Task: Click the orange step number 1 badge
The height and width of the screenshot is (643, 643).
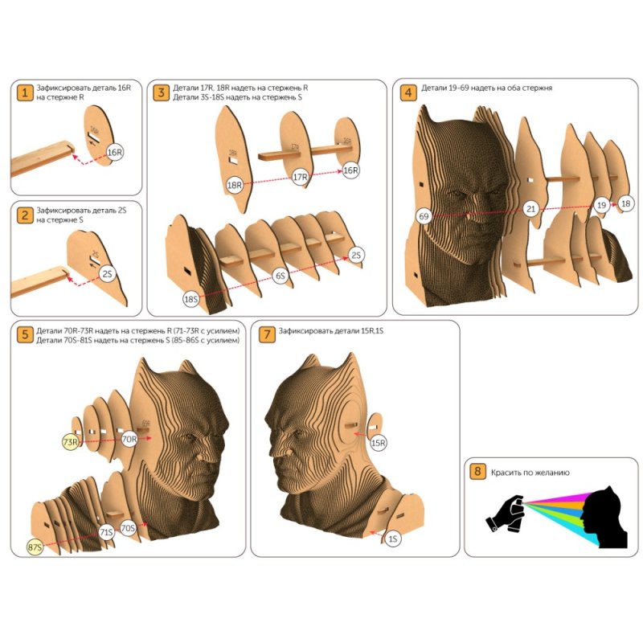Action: pyautogui.click(x=25, y=92)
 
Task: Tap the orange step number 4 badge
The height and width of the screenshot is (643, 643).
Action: pyautogui.click(x=408, y=92)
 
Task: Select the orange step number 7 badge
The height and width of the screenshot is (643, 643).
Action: pyautogui.click(x=267, y=334)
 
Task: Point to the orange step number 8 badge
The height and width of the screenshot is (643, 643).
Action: pyautogui.click(x=477, y=471)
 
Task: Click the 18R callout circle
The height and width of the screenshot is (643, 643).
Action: pyautogui.click(x=235, y=185)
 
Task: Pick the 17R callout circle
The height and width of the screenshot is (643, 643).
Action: pyautogui.click(x=300, y=177)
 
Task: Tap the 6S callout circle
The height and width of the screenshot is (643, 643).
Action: pyautogui.click(x=281, y=276)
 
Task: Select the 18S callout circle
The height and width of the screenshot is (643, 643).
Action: pyautogui.click(x=191, y=299)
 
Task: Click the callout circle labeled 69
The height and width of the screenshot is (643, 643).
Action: pyautogui.click(x=424, y=216)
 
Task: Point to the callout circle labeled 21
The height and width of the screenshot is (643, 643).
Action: pyautogui.click(x=530, y=209)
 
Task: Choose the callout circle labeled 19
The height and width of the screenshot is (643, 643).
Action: pyautogui.click(x=601, y=205)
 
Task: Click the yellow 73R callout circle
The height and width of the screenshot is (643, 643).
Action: pyautogui.click(x=71, y=442)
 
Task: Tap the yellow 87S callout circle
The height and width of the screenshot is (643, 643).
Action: pyautogui.click(x=35, y=547)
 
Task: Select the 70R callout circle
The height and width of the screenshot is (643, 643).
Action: pyautogui.click(x=129, y=439)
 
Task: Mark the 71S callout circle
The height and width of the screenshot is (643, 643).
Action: pyautogui.click(x=106, y=532)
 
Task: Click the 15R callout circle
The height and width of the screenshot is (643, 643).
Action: pyautogui.click(x=378, y=443)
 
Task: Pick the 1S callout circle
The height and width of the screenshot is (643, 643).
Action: pyautogui.click(x=393, y=539)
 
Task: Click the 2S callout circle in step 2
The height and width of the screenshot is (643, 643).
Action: pyautogui.click(x=108, y=273)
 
